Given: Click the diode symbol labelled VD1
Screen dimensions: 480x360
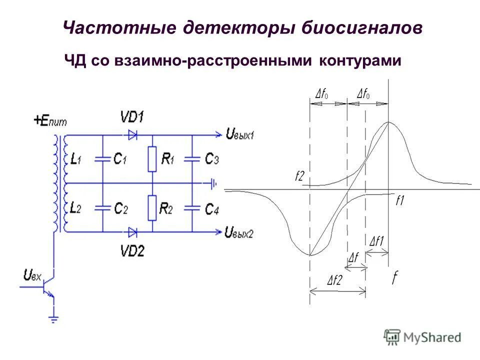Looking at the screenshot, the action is pos(132,134).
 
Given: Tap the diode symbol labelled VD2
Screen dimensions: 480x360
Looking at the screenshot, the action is pos(132,231).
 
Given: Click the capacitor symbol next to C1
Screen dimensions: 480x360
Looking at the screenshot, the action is pos(102,159).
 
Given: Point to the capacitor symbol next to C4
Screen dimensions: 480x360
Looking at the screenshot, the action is pos(192,207).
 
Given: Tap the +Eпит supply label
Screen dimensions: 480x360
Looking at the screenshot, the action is pos(50,120).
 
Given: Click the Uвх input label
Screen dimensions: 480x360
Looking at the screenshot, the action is pos(33,274).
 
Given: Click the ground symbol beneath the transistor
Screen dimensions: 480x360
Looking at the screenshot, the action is pos(53,318).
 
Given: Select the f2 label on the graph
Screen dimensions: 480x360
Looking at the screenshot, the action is pos(299,176).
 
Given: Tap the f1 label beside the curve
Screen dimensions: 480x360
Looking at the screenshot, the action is pos(399,201).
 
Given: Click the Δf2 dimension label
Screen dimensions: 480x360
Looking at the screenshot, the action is pos(334,280).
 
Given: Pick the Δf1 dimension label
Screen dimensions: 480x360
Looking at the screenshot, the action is pos(376,241).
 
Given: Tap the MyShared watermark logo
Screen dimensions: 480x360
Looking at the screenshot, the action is pos(422,337).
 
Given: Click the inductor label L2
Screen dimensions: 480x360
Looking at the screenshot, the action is pos(75,207).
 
